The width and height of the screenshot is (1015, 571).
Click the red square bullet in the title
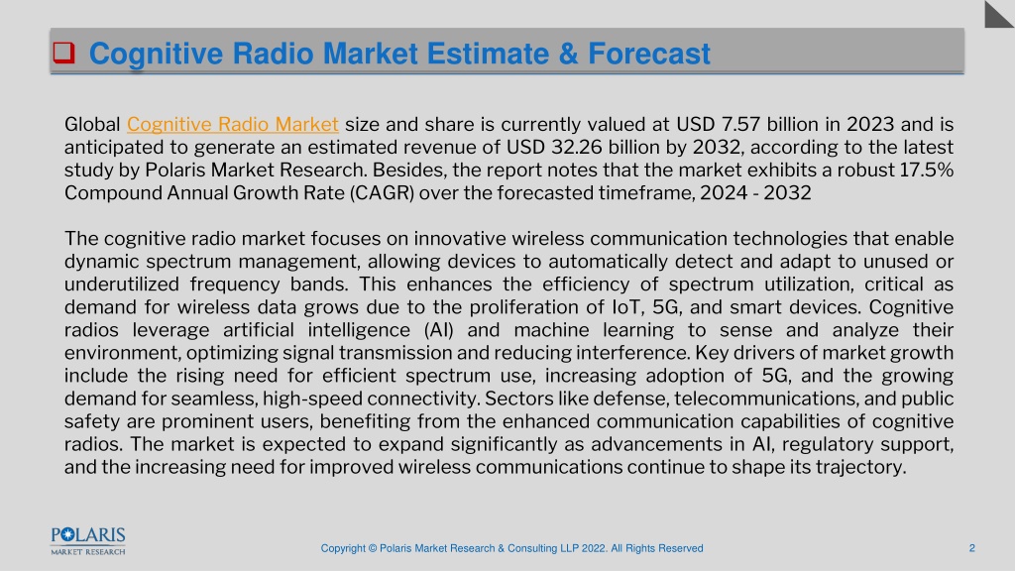[63, 53]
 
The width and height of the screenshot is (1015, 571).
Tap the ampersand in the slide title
[568, 54]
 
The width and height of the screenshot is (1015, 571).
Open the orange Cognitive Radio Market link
[232, 124]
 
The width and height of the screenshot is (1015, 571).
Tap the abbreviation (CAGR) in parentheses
[382, 193]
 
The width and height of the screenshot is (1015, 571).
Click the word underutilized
[122, 285]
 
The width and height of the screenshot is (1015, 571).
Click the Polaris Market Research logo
[88, 541]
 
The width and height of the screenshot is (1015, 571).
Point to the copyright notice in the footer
[512, 548]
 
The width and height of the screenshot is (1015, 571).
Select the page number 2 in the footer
[971, 548]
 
